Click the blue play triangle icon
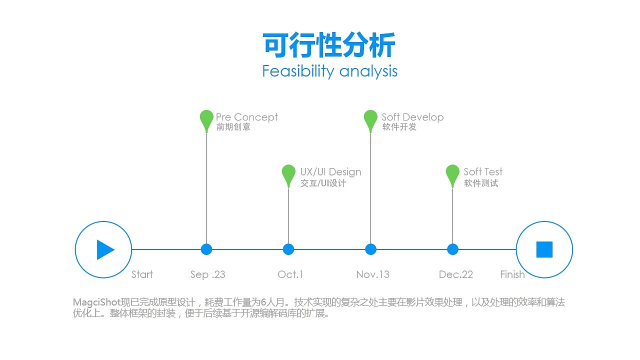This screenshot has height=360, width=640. [105, 249]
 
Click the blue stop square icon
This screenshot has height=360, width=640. [544, 249]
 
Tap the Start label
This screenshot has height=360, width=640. [142, 274]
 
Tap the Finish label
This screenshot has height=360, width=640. [512, 274]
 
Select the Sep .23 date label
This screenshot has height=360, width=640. [207, 274]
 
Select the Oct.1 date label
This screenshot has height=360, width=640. [290, 274]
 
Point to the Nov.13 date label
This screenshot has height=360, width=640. [372, 274]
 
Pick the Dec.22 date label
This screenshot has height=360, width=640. [455, 274]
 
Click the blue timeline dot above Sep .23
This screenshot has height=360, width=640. [206, 249]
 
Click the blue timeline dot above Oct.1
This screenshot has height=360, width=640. [288, 249]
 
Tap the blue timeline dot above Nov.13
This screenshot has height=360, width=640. [370, 249]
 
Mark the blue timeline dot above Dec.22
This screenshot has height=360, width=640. [452, 249]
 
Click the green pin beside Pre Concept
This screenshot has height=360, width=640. [206, 119]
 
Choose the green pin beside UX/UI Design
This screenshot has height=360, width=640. [288, 174]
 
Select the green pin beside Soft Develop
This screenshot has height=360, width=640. [370, 119]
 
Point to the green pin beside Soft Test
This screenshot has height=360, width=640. [452, 174]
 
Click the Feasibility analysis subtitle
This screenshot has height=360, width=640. [329, 71]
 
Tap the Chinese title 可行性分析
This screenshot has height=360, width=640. [329, 45]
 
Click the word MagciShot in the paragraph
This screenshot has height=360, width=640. [96, 302]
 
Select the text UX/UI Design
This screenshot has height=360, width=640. [330, 172]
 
